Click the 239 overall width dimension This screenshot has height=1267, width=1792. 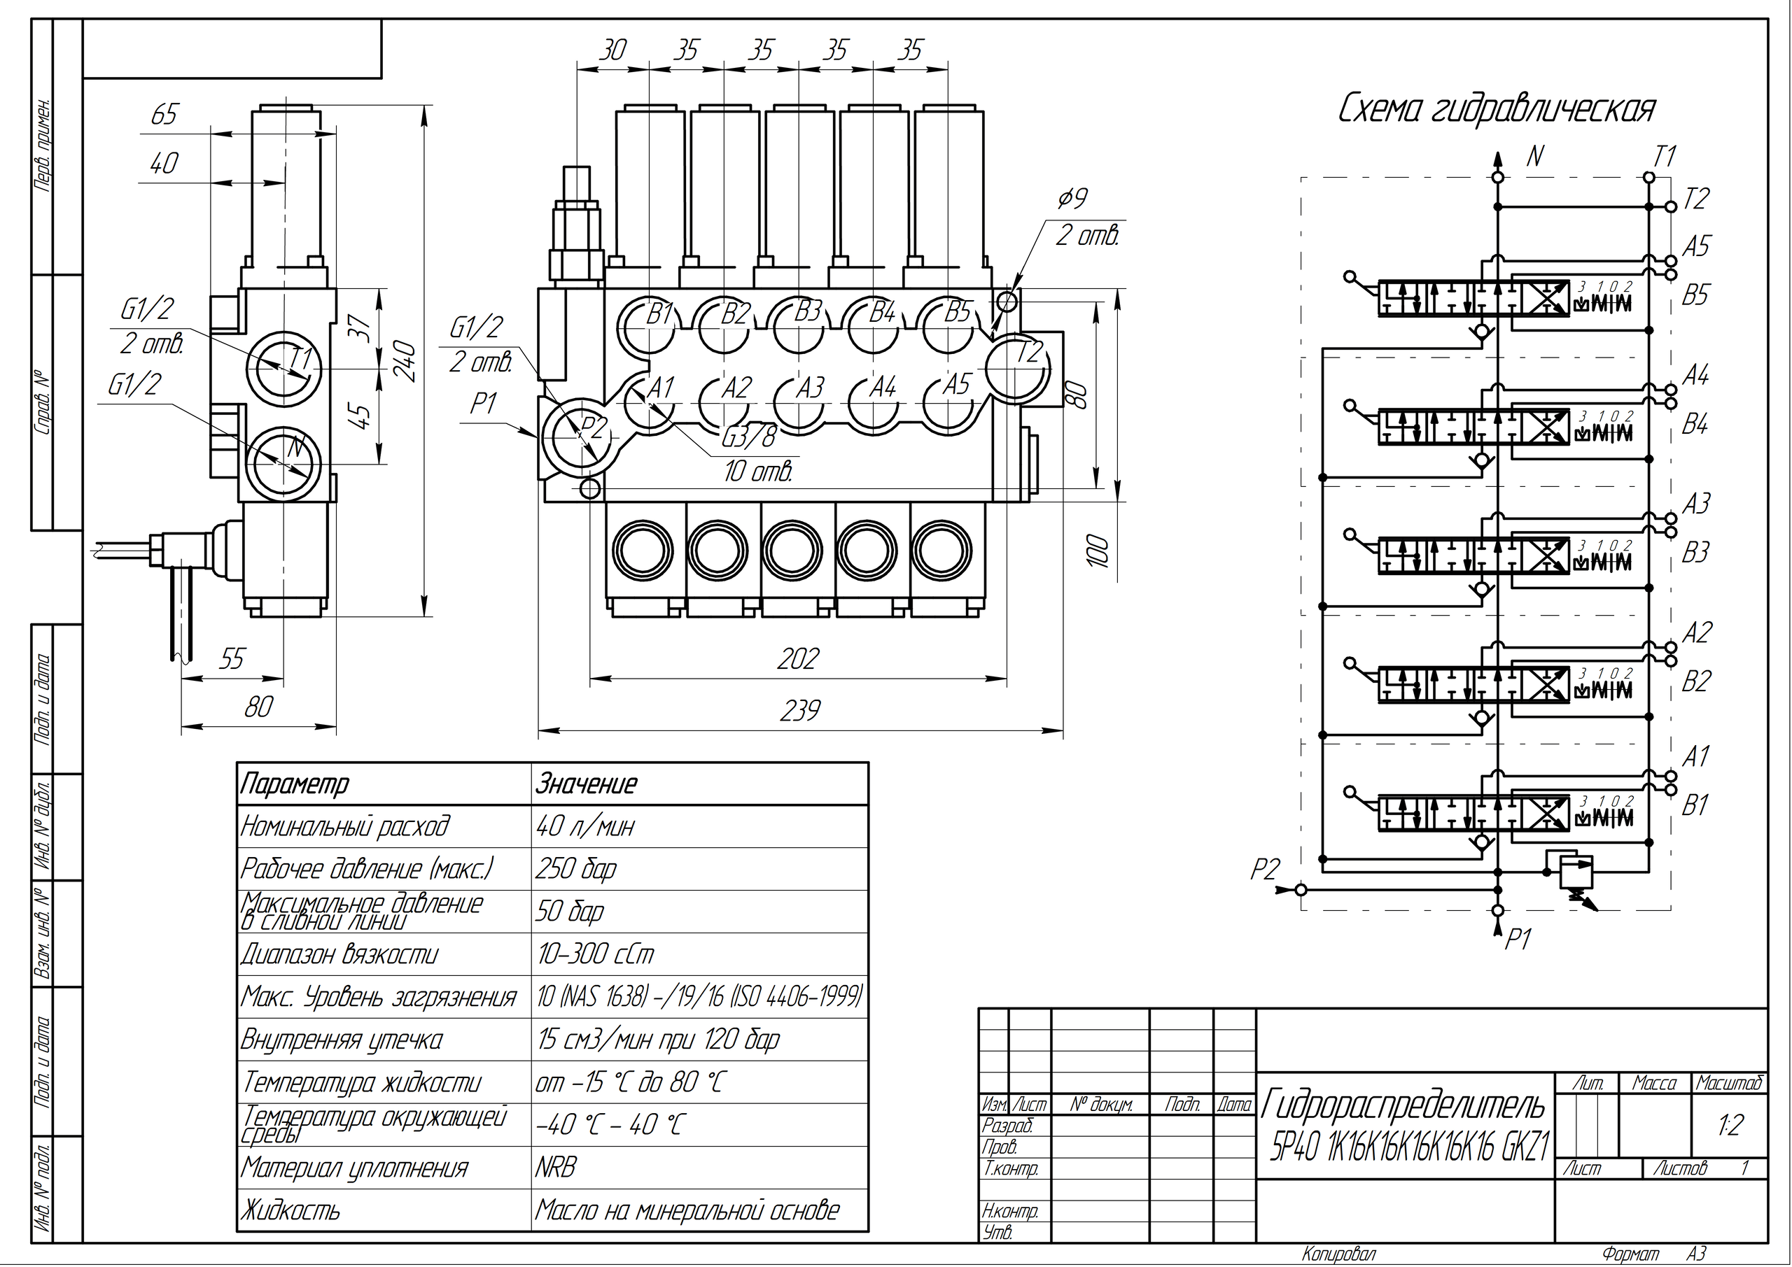800,712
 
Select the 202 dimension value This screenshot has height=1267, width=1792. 798,660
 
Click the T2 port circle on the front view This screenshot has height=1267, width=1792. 1018,367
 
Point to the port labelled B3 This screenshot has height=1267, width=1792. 799,327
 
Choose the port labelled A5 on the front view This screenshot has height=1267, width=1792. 949,401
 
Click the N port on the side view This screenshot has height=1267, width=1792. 283,462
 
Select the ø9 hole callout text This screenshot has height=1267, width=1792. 1072,199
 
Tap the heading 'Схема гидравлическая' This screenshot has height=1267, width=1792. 1496,110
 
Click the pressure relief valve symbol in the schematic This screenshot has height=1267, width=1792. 1576,872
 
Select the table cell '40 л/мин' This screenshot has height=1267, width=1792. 585,826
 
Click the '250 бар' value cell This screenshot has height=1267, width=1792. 576,868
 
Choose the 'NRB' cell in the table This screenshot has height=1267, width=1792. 556,1168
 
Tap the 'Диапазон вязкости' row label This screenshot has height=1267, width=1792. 339,954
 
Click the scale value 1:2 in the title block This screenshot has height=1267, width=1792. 1730,1126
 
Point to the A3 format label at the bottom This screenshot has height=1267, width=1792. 1696,1253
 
